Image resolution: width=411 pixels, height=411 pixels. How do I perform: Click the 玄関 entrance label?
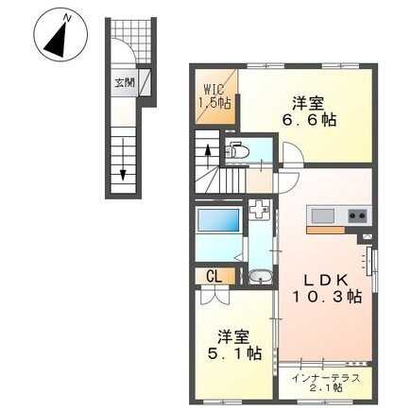click(125, 82)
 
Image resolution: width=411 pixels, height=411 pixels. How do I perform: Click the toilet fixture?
click(238, 149)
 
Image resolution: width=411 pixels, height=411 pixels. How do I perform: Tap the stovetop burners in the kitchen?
click(358, 214)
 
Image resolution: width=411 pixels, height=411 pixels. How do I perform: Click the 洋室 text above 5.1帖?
click(236, 334)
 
